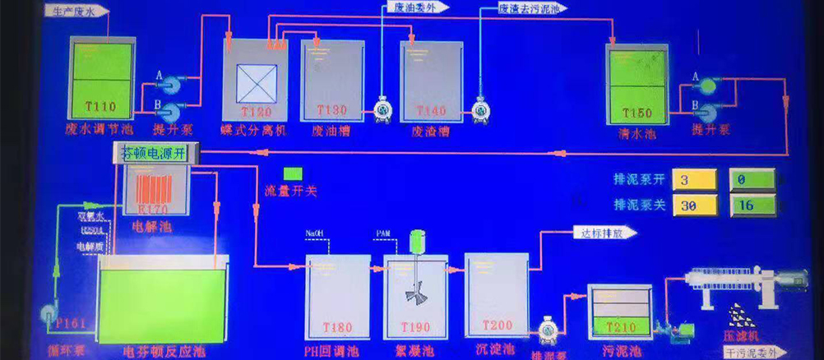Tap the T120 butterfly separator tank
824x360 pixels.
[255, 82]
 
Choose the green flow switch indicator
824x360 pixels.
[292, 174]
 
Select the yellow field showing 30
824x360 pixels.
[695, 205]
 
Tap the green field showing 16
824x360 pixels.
[752, 205]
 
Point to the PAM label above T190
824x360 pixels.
[384, 234]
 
